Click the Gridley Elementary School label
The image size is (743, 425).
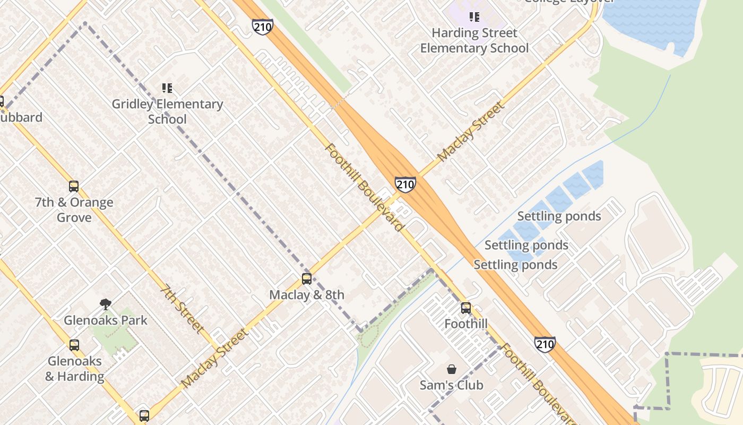pos(167,112)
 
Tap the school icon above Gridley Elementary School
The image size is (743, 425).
pos(167,88)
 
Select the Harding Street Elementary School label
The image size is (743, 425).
pos(474,40)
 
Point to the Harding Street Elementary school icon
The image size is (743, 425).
pos(474,17)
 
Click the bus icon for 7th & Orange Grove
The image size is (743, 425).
pos(74,186)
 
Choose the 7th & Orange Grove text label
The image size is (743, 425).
pos(74,210)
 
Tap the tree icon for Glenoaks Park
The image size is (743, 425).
pos(106,304)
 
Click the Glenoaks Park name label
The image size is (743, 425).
pos(106,320)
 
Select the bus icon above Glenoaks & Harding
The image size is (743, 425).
pos(74,345)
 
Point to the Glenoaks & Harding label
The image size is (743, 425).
pos(74,369)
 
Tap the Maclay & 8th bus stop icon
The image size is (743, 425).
pos(306,278)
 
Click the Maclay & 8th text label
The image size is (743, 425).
pos(306,295)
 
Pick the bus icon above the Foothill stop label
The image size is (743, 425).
pos(465,308)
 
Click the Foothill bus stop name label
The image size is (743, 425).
pos(465,324)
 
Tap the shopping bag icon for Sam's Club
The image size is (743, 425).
pos(452,369)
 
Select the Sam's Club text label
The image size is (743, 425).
pos(452,385)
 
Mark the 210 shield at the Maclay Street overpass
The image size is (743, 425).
pos(405,184)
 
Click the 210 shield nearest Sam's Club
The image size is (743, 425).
pos(545,344)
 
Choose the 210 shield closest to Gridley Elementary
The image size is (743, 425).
pos(263,27)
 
